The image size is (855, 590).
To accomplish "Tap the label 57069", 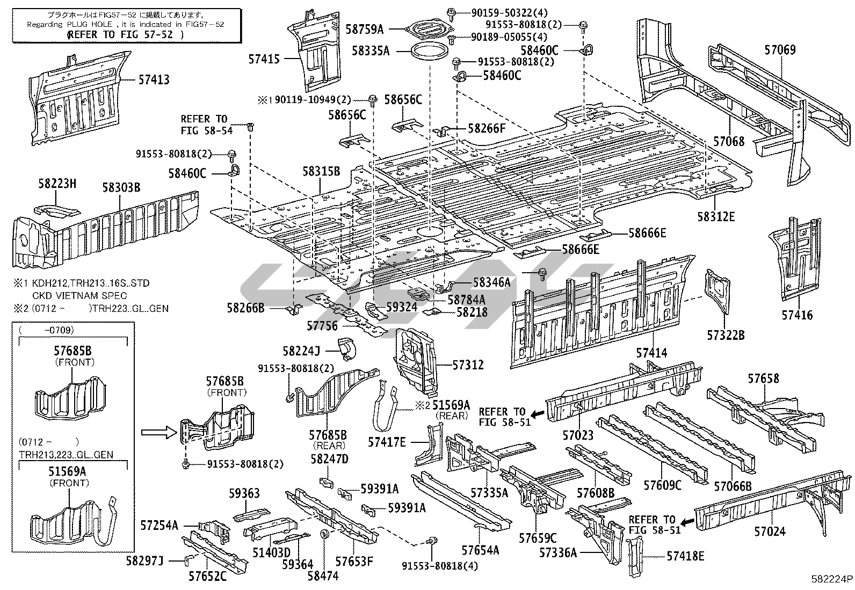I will [x=780, y=50].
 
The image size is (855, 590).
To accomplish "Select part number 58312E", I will [x=716, y=216].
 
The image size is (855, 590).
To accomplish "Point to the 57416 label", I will [x=797, y=315].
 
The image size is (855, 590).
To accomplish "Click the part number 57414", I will [x=651, y=353].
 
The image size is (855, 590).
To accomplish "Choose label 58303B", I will [x=121, y=187].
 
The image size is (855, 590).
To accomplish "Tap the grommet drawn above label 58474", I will [x=324, y=535].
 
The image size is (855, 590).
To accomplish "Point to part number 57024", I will [x=770, y=531].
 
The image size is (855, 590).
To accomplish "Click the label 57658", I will [x=763, y=379].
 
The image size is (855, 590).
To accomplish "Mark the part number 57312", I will [x=468, y=365].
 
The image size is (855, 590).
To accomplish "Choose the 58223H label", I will [x=57, y=184].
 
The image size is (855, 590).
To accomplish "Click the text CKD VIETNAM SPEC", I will [x=79, y=295].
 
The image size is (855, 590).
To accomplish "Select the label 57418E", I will [x=685, y=556].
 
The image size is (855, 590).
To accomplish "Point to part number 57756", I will [x=322, y=325].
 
